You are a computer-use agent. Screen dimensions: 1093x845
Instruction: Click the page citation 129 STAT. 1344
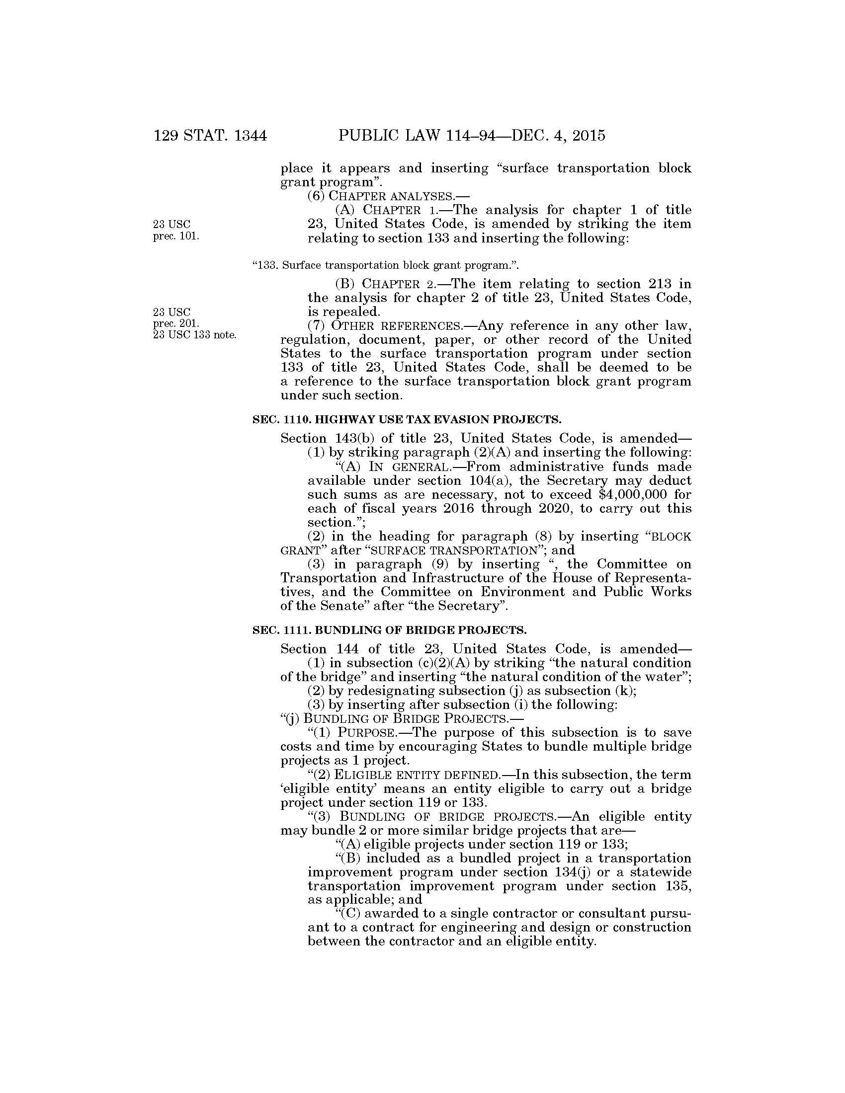210,136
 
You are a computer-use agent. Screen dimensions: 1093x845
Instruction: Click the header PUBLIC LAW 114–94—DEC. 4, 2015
472,136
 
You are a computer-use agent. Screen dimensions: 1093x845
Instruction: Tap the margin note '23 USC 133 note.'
194,335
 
